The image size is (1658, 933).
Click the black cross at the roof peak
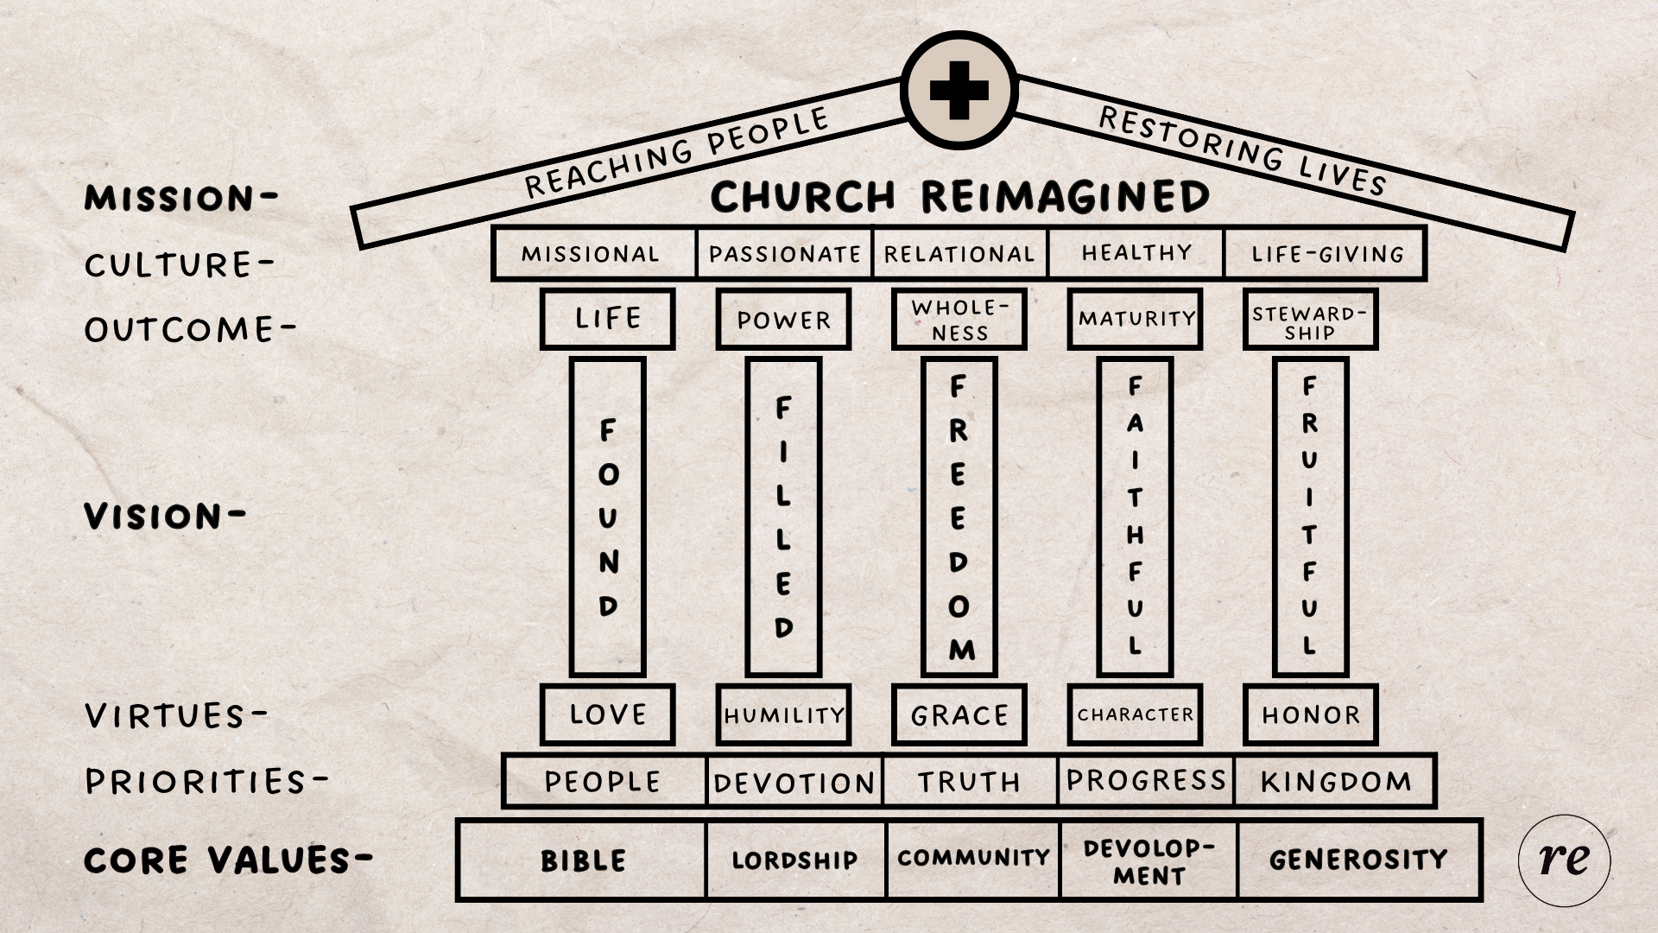959,90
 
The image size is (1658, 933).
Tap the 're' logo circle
1564,860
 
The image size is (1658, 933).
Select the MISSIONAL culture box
592,254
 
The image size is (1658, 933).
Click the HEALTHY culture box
1136,253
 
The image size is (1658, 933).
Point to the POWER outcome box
783,320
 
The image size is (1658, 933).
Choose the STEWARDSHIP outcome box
1310,321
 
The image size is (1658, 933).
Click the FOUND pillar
608,517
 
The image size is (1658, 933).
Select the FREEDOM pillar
959,517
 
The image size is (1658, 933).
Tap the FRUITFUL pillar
1310,517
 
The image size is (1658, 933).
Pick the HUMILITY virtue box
783,714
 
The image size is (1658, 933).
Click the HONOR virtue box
1310,714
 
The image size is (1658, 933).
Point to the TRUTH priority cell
969,781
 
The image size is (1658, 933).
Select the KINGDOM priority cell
1335,781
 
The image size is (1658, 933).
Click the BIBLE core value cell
582,860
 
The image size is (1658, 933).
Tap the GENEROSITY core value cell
1358,860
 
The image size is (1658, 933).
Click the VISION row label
164,517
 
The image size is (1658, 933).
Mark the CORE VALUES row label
228,860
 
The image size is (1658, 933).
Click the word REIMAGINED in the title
1066,197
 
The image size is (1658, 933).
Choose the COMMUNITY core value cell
973,859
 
